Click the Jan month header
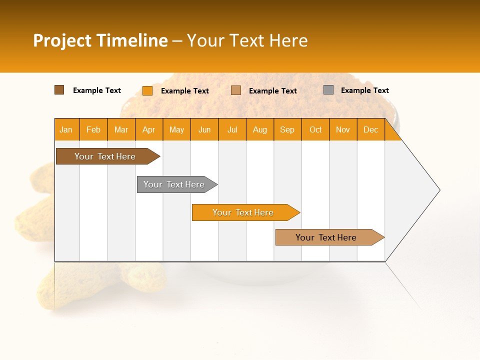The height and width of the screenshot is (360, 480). [x=66, y=129]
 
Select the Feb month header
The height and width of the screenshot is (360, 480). [x=93, y=129]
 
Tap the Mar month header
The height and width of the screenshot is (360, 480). [x=121, y=129]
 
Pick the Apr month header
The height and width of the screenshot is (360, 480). [x=149, y=129]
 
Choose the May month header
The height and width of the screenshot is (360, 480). [x=176, y=129]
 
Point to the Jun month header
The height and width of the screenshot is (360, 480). [x=204, y=129]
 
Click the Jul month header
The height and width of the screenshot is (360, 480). [x=232, y=129]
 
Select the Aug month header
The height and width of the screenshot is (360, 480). [x=260, y=129]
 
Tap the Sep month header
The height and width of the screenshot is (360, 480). [x=287, y=129]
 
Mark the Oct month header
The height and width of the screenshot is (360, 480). [x=315, y=129]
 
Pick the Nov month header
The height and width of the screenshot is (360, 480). [x=343, y=129]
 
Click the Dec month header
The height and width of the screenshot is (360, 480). [x=370, y=129]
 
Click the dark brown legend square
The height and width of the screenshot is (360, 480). [x=59, y=90]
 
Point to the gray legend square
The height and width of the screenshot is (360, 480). [x=328, y=90]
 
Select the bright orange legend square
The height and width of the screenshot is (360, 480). [x=147, y=90]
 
